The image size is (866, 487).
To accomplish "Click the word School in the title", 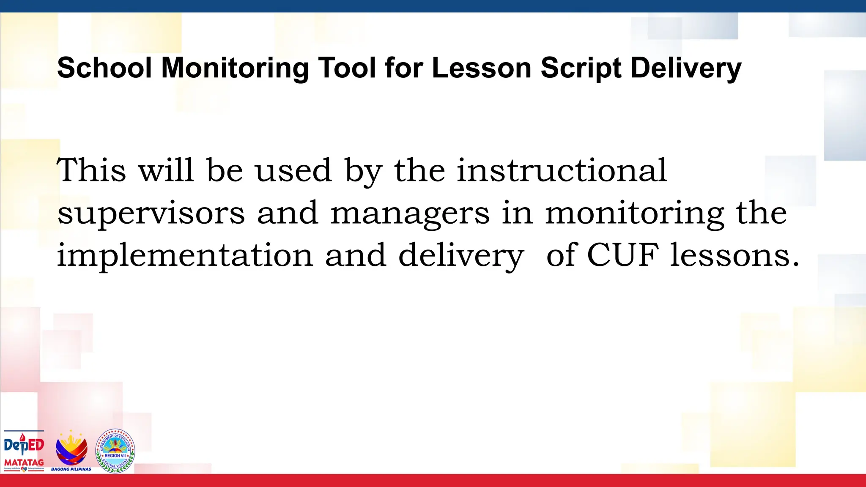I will (x=104, y=68).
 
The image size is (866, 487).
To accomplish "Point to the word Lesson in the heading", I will (x=481, y=68).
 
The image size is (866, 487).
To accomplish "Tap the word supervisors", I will (x=151, y=213).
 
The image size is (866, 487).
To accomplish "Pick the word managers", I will (x=410, y=213).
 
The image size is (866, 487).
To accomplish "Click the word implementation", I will (x=185, y=256).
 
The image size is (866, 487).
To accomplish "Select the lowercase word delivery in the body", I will (x=461, y=256).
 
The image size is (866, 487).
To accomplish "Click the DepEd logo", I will (x=24, y=446).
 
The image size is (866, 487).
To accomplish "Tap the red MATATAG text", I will (x=24, y=462).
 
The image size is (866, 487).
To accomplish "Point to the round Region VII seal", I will (x=115, y=451).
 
